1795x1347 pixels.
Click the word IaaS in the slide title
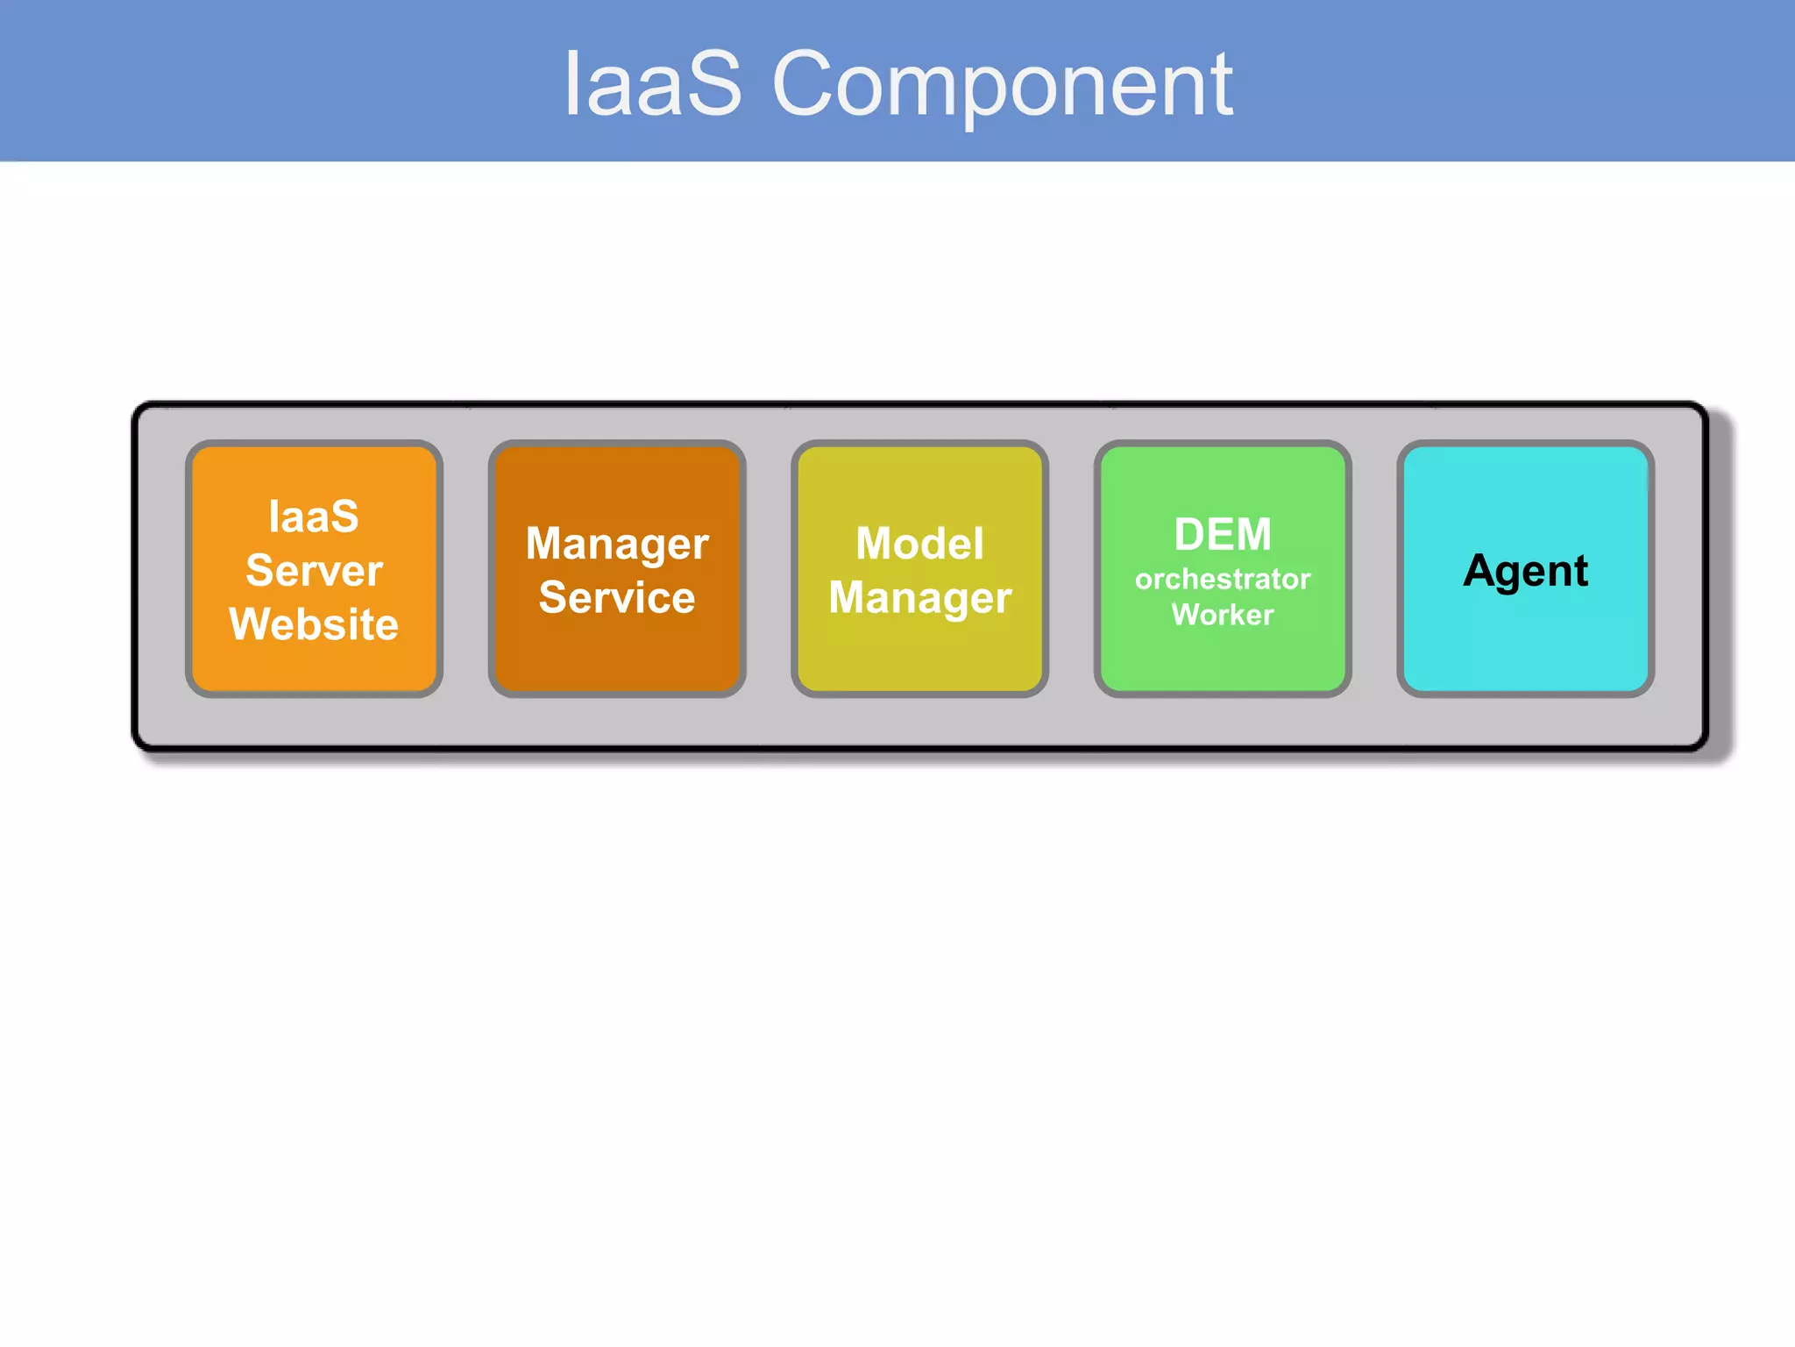[x=653, y=85]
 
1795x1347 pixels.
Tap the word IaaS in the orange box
[x=314, y=517]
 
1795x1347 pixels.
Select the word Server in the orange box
[x=314, y=571]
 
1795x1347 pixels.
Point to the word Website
[x=314, y=624]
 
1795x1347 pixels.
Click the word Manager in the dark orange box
[x=617, y=545]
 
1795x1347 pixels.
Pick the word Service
[x=617, y=598]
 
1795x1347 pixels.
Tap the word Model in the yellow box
[x=919, y=544]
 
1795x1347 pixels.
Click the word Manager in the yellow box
[x=919, y=598]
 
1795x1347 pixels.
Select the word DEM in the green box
[x=1223, y=534]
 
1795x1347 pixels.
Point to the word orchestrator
[x=1223, y=579]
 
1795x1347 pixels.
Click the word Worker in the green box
[x=1223, y=615]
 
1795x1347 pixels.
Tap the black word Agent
[x=1525, y=572]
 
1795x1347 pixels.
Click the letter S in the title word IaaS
[x=713, y=85]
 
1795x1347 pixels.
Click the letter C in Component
[x=804, y=85]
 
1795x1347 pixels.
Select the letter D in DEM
[x=1190, y=534]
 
